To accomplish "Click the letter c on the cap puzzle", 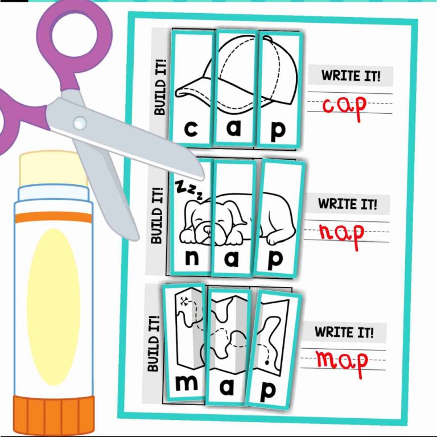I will [191, 129].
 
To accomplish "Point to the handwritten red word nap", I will [341, 233].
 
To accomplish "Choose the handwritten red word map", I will [342, 360].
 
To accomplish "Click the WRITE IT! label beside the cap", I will [351, 75].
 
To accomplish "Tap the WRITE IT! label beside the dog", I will [347, 204].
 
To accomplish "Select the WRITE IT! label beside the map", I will [344, 332].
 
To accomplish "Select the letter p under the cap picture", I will [278, 130].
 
